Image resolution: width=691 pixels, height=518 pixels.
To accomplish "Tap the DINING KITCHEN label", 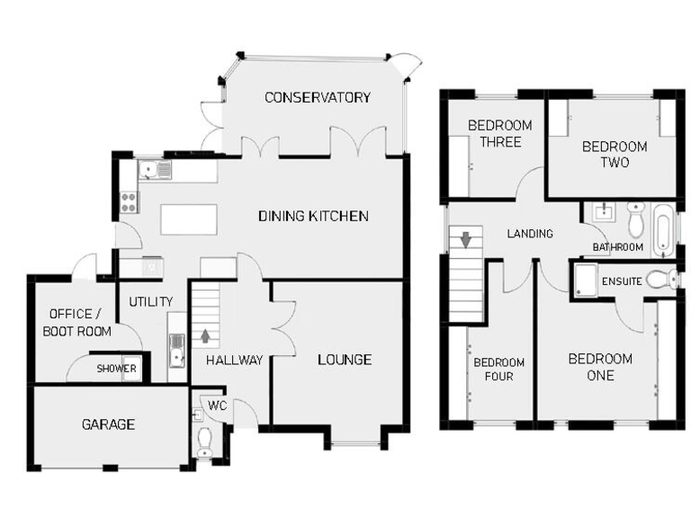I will pos(313,216).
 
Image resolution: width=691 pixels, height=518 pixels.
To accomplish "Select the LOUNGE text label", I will pos(344,360).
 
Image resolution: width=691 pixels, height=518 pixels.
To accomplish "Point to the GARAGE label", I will pos(108,424).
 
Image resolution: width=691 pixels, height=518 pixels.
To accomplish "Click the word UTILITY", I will pos(150,301).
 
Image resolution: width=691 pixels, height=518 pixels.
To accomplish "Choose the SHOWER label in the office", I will pos(117,369).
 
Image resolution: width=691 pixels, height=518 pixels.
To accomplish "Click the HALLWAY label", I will pos(234,361).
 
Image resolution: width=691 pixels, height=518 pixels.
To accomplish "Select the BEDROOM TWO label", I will pos(615,154).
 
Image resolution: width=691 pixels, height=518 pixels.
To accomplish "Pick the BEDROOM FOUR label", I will pos(493,369).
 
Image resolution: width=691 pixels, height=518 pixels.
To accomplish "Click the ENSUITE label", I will pos(623,281).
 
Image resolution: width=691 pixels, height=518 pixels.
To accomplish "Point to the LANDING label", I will pos(530,234).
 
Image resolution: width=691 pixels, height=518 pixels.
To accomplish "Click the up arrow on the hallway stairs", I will pos(206,337).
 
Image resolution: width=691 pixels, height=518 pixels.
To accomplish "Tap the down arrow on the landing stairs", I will pos(466,240).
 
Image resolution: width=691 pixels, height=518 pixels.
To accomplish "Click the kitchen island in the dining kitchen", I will pos(189,219).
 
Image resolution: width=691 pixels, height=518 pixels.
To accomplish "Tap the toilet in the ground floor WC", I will pos(204,441).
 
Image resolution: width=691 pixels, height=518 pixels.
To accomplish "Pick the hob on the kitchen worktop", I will pos(128,201).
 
